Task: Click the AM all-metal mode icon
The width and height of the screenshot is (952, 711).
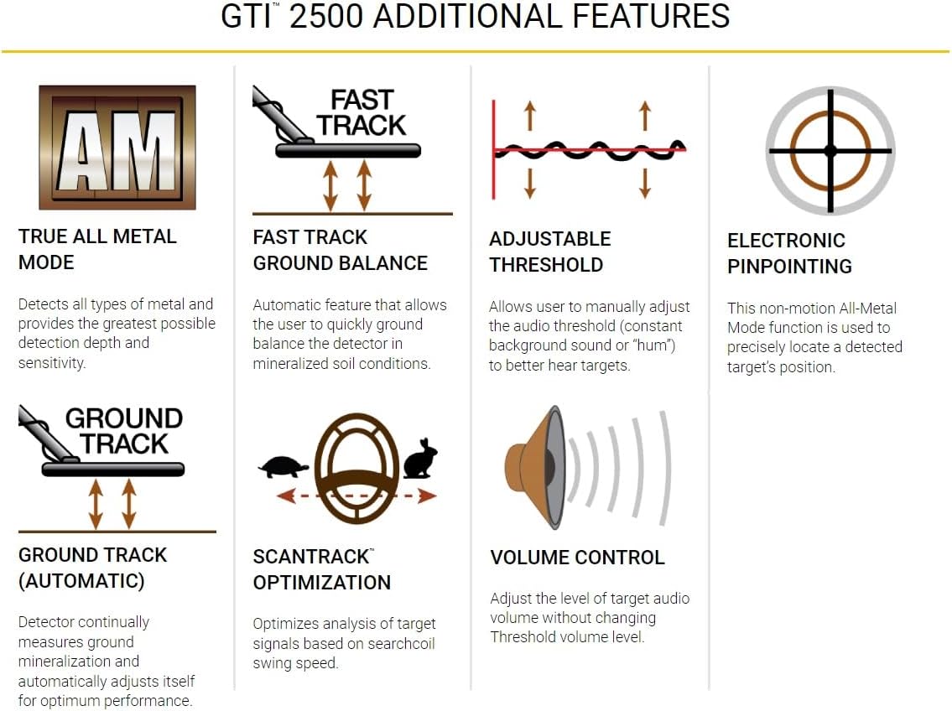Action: click(x=117, y=147)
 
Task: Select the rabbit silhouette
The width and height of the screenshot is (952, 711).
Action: click(x=420, y=459)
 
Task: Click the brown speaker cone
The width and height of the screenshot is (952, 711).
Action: click(x=530, y=467)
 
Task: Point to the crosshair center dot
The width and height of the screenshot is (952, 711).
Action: click(x=830, y=151)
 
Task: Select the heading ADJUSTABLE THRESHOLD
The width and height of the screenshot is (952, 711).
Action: click(x=549, y=252)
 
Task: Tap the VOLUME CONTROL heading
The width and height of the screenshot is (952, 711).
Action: click(x=577, y=558)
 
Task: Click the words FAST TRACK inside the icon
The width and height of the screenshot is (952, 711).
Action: click(x=362, y=112)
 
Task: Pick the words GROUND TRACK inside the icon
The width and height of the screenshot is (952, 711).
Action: click(x=123, y=430)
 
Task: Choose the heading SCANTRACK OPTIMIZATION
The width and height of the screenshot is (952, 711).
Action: click(x=321, y=569)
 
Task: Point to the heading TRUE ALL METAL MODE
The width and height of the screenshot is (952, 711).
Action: click(x=97, y=249)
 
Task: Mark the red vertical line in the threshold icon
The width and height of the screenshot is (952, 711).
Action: click(x=494, y=149)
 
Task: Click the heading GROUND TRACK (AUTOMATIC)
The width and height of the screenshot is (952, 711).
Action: click(x=92, y=568)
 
